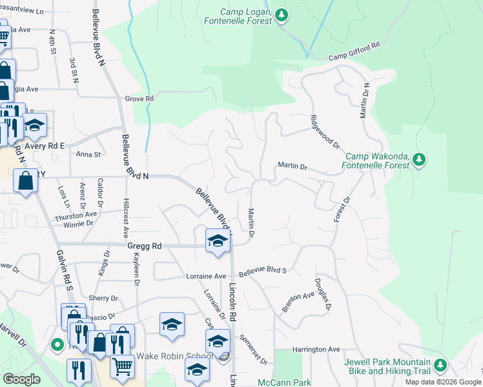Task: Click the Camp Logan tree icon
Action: (281, 15)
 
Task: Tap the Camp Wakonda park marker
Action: (419, 159)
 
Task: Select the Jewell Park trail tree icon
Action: (440, 366)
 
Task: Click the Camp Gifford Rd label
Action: (355, 51)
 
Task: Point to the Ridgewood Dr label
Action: (324, 131)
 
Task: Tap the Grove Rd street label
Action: (139, 99)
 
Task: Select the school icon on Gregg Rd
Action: (218, 241)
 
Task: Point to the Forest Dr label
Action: (342, 210)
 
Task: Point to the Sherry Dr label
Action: (104, 299)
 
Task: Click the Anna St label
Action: (88, 155)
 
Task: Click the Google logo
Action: (21, 379)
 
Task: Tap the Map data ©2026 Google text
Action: (442, 382)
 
